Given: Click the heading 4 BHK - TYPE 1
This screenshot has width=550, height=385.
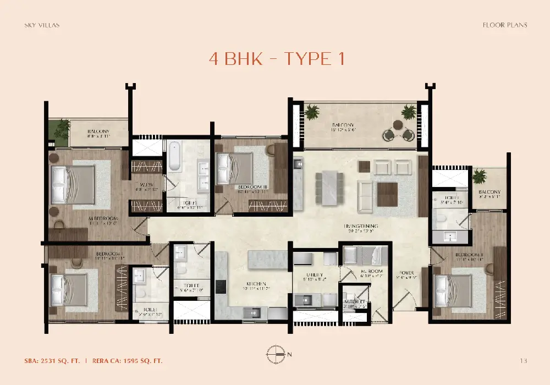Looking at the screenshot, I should [x=277, y=59].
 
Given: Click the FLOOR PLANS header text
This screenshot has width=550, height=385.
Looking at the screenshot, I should [x=504, y=25].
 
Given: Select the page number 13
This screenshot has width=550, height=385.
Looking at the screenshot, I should [x=523, y=361].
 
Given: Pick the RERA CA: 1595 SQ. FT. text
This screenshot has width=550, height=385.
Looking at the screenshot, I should [x=127, y=361].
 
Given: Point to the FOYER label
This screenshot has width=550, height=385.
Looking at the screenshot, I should [x=406, y=273].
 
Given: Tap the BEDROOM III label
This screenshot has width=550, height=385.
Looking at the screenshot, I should [x=252, y=188].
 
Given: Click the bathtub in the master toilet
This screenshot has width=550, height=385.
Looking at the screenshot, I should [x=174, y=156].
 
